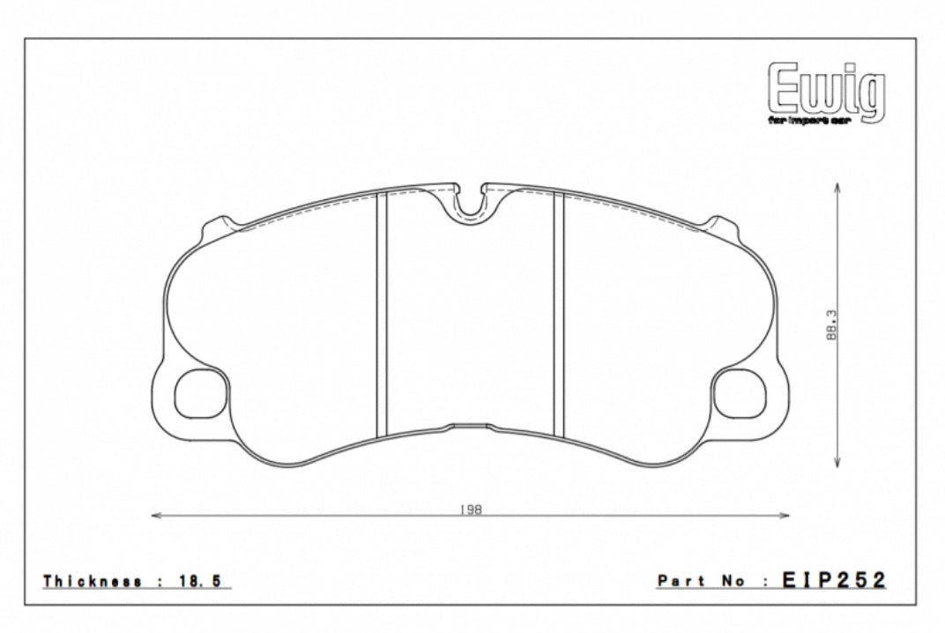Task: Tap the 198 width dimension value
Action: point(471,509)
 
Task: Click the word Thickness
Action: point(93,581)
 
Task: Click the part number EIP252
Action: point(833,580)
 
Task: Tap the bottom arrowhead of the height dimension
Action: point(836,466)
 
